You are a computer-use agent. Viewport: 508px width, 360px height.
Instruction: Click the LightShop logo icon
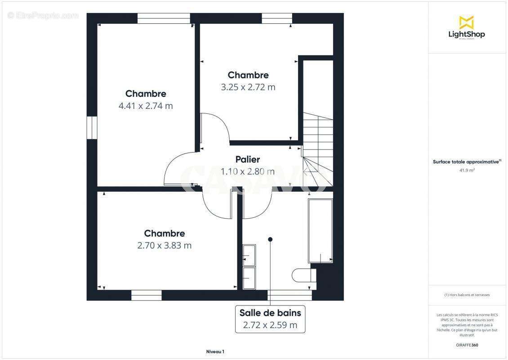(466, 22)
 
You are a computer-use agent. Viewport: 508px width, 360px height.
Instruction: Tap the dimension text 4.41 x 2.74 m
(146, 106)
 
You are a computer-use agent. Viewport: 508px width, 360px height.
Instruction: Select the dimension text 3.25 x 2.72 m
(248, 87)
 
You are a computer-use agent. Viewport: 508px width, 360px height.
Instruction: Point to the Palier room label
(248, 159)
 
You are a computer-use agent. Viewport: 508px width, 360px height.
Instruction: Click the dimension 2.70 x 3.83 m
(164, 246)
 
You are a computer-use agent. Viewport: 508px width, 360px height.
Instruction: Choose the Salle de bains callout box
(270, 319)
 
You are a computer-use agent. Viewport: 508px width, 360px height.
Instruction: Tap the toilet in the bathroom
(303, 275)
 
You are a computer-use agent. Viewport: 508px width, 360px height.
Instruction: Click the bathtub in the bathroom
(320, 230)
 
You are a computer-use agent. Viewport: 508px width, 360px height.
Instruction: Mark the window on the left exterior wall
(92, 128)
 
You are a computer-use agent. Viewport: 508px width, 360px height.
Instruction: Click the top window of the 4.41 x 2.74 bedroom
(164, 18)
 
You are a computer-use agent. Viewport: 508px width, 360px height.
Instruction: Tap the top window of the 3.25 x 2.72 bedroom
(277, 18)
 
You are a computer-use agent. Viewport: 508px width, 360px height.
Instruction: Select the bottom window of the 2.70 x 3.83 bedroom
(146, 295)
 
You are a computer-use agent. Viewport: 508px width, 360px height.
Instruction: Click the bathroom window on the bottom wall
(290, 295)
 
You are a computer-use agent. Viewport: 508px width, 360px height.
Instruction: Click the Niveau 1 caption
(215, 351)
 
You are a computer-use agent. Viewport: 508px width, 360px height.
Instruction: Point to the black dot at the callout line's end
(270, 239)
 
